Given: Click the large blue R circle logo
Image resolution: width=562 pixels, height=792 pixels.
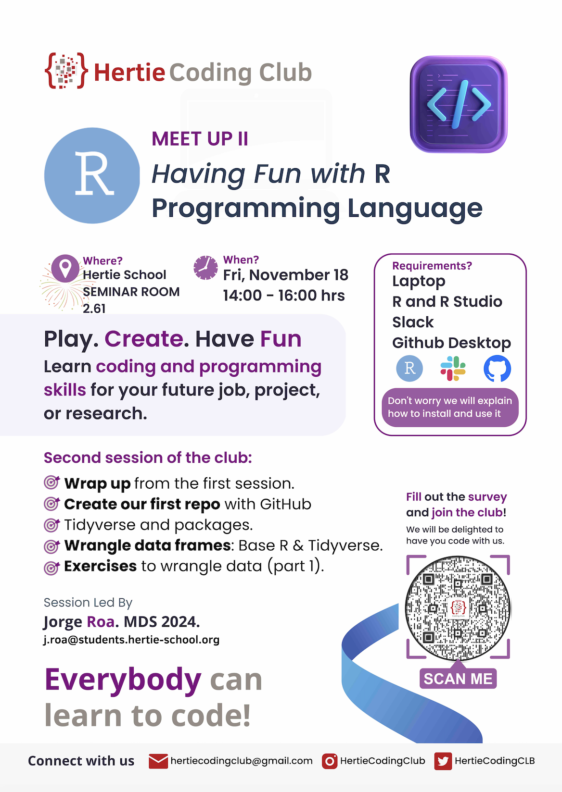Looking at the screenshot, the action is pyautogui.click(x=92, y=175).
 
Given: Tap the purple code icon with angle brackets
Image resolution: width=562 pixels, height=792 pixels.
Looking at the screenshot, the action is pyautogui.click(x=459, y=104).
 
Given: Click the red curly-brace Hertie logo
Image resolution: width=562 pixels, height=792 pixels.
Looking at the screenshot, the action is pyautogui.click(x=66, y=70).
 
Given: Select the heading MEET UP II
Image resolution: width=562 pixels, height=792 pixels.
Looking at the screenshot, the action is pyautogui.click(x=200, y=138).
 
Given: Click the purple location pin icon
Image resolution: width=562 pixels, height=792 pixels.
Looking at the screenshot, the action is pyautogui.click(x=65, y=268).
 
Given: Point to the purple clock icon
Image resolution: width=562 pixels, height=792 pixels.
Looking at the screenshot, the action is pyautogui.click(x=205, y=268).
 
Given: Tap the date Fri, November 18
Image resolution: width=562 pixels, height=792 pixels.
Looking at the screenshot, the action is pyautogui.click(x=286, y=275).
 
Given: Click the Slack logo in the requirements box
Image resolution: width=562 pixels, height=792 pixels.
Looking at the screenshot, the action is pyautogui.click(x=453, y=369).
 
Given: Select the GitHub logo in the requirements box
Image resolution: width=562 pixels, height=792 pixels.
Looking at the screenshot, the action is pyautogui.click(x=497, y=369).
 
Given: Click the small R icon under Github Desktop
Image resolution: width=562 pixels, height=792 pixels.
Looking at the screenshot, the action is pyautogui.click(x=409, y=369).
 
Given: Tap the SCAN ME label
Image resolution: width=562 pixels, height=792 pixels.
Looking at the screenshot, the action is pyautogui.click(x=458, y=679).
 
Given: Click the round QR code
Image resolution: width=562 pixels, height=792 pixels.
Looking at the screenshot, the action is pyautogui.click(x=458, y=608).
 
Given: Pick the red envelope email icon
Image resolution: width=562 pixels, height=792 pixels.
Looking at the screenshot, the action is pyautogui.click(x=158, y=761).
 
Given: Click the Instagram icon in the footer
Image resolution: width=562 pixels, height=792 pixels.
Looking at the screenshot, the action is pyautogui.click(x=330, y=761).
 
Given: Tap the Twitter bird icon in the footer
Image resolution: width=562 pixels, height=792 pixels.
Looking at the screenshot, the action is pyautogui.click(x=443, y=761).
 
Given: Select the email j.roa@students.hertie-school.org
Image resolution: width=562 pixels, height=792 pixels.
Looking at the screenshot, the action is pyautogui.click(x=131, y=640).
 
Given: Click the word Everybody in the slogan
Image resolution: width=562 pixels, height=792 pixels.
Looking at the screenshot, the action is pyautogui.click(x=123, y=679).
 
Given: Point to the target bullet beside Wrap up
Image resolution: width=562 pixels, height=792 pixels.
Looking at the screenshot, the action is pyautogui.click(x=51, y=483).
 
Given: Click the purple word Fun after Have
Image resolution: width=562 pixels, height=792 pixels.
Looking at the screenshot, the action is pyautogui.click(x=281, y=339).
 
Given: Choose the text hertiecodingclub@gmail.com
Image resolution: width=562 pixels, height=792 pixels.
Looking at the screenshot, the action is pyautogui.click(x=242, y=761).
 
